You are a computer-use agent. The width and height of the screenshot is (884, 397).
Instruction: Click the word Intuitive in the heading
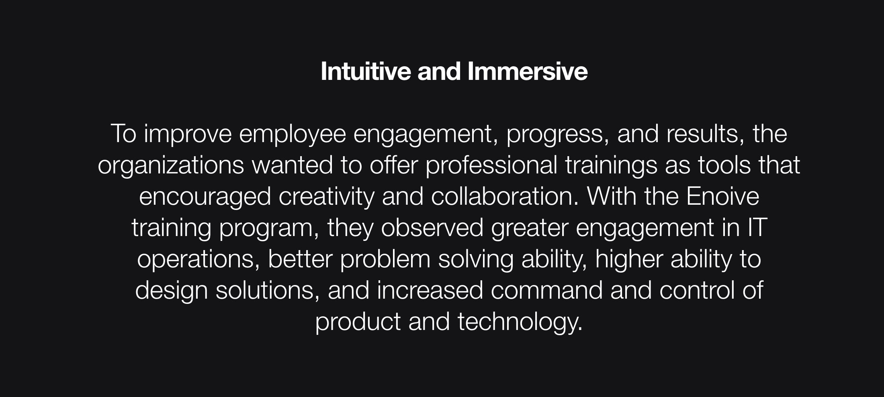366,71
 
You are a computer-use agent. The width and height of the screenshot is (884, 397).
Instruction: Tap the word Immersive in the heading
528,71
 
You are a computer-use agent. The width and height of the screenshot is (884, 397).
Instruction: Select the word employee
292,134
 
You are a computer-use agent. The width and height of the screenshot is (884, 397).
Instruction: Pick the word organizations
171,166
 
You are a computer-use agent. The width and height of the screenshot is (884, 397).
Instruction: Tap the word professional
491,166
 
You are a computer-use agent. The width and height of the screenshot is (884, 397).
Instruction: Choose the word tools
724,165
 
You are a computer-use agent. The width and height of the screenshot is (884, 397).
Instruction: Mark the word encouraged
205,197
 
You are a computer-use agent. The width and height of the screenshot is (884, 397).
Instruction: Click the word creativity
326,197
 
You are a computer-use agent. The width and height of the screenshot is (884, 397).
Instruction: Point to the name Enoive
723,196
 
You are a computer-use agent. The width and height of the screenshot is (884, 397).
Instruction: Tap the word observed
432,228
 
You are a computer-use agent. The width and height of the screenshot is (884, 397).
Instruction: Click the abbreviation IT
757,228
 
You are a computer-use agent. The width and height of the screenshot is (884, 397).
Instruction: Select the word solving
476,260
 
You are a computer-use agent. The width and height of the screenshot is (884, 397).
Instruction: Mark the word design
172,291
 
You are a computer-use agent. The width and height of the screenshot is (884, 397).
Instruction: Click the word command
547,290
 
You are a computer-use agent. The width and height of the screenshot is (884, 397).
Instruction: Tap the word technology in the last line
520,322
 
